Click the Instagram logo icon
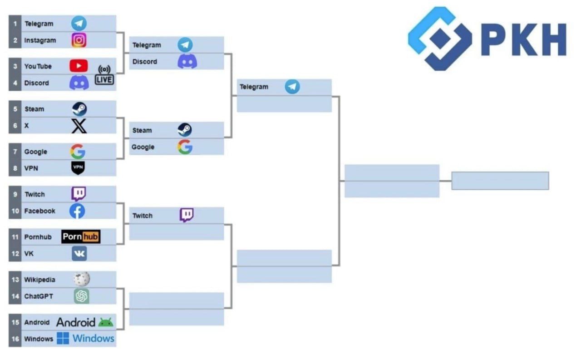(x=79, y=40)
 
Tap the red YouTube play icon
(x=79, y=66)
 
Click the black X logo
(x=79, y=126)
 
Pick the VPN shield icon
(x=78, y=168)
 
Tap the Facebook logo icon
(x=77, y=211)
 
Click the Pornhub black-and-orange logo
(x=81, y=237)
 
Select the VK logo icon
(x=79, y=253)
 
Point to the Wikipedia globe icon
(x=81, y=279)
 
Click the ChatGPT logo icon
(x=81, y=296)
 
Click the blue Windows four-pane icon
(x=63, y=338)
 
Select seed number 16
(x=15, y=339)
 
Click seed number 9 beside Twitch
(x=15, y=194)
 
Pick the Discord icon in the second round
(x=187, y=61)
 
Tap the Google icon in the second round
(x=185, y=147)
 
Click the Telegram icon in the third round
(x=292, y=87)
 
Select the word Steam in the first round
(x=34, y=109)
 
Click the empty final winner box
(x=500, y=181)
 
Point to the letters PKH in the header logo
(x=524, y=39)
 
